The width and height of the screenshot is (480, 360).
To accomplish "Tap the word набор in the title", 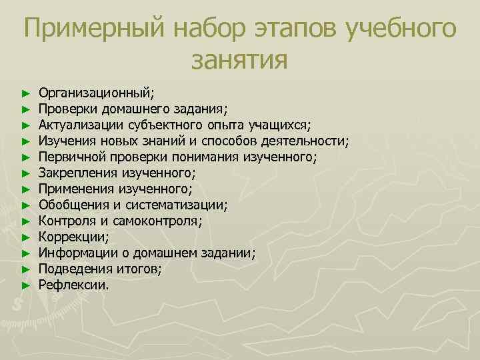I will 211,29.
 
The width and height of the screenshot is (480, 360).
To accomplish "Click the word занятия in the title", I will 239,61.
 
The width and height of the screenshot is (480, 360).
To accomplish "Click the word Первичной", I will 70,157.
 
